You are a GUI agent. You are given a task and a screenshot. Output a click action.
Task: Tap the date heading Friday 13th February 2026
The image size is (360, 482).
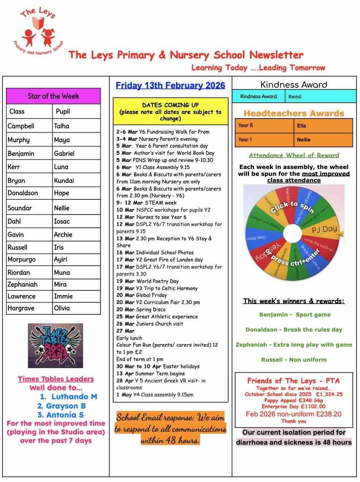171,86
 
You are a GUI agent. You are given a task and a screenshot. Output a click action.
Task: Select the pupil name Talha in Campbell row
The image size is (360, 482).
62,126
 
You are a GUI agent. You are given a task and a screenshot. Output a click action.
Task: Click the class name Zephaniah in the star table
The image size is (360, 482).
23,284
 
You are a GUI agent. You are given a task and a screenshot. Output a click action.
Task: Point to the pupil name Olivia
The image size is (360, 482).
62,308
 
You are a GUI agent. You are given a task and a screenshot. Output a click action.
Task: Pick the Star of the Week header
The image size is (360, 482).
53,96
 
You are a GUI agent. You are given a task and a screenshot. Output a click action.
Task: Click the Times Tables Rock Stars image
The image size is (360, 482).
56,346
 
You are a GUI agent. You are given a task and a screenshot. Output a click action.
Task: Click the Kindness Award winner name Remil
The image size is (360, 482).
295,97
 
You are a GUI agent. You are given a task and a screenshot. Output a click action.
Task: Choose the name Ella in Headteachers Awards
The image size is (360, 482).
302,126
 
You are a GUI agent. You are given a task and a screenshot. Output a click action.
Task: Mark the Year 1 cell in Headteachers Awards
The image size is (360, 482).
245,140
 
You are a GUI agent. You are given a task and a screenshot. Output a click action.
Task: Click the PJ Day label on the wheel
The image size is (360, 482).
324,229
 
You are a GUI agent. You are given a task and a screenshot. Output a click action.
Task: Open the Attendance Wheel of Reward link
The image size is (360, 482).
294,155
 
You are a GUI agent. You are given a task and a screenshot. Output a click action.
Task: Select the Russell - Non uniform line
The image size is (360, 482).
294,360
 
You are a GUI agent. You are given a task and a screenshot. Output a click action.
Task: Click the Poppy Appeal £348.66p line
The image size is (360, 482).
294,400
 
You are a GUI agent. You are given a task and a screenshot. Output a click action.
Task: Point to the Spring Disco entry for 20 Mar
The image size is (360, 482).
150,309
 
